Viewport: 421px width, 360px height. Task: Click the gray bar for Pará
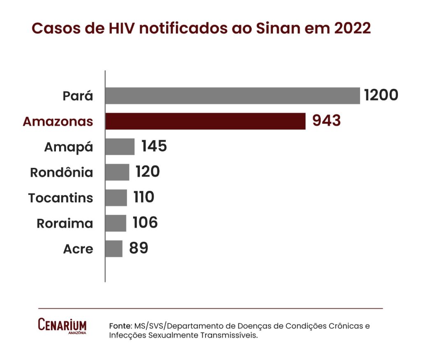click(232, 96)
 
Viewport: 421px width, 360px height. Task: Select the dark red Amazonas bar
click(205, 121)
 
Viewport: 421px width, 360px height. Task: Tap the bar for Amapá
click(120, 146)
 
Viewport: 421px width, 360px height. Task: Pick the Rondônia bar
click(117, 172)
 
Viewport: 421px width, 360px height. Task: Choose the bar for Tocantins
click(116, 197)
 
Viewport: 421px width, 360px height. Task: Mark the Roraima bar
click(116, 223)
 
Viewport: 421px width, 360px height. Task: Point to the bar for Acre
click(114, 249)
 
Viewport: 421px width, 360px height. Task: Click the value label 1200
click(381, 95)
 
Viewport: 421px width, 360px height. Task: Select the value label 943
click(326, 121)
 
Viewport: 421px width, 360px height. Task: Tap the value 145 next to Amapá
click(154, 146)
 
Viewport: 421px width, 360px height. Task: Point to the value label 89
click(139, 248)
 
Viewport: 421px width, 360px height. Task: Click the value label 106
click(145, 223)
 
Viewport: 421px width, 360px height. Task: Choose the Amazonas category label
click(58, 121)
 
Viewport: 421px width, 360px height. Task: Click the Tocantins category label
click(61, 198)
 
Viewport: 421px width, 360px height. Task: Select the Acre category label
click(78, 249)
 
